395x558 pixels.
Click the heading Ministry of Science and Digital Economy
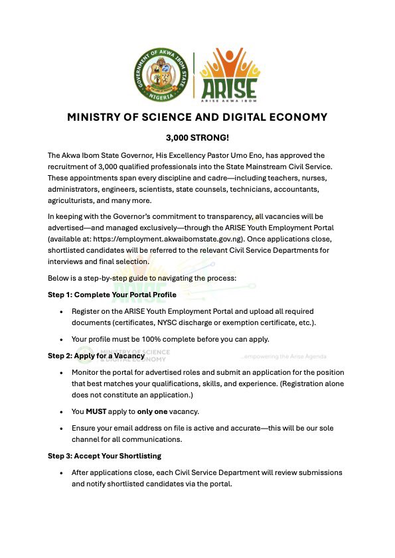[197, 117]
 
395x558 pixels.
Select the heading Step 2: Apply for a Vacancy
[96, 356]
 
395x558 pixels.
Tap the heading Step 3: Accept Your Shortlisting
[104, 456]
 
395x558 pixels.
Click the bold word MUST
[96, 411]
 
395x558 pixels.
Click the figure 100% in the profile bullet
[147, 340]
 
